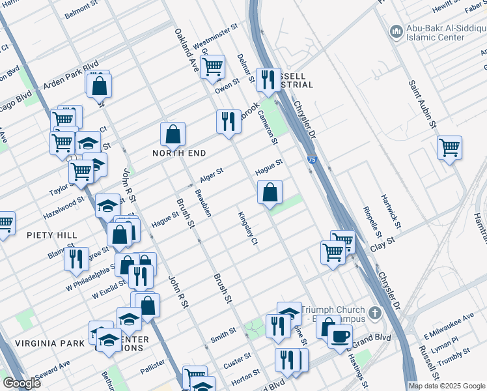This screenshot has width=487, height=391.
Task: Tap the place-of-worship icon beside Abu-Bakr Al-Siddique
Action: click(x=396, y=31)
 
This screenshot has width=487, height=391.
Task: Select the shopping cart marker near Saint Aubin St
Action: click(x=449, y=148)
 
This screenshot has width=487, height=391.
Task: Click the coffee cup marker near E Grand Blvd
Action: click(x=339, y=336)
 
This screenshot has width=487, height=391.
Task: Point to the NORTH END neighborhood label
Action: click(x=179, y=153)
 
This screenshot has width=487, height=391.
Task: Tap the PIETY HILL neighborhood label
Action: click(x=52, y=235)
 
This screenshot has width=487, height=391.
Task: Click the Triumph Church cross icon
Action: click(x=374, y=313)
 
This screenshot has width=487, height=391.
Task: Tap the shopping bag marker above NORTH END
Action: click(x=173, y=134)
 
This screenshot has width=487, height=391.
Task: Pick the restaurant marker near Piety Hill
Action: click(x=76, y=259)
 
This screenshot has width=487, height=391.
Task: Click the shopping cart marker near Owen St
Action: click(x=212, y=66)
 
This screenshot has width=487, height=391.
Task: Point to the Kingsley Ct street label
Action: click(x=248, y=229)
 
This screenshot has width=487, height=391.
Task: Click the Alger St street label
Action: click(x=212, y=174)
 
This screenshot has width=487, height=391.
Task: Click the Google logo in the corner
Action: click(x=22, y=383)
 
